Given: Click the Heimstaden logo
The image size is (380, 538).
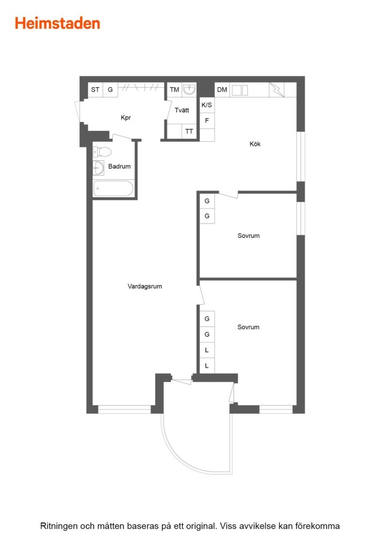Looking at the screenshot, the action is (x=57, y=23).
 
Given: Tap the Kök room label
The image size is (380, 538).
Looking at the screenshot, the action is (x=255, y=143).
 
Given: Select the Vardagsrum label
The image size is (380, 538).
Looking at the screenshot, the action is (x=145, y=286).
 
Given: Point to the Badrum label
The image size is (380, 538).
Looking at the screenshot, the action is (x=119, y=166).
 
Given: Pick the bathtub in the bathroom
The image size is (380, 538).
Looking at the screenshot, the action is (x=113, y=189).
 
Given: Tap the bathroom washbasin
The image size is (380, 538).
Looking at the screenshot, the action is (x=99, y=168).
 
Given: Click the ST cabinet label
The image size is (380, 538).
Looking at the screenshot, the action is (x=96, y=90).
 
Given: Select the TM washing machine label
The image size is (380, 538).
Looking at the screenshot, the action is (x=174, y=90).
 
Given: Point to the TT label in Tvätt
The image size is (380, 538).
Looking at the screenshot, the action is (x=189, y=132).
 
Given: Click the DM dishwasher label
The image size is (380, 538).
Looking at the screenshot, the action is (x=222, y=90).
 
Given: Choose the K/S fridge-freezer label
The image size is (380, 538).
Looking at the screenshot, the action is (x=207, y=105).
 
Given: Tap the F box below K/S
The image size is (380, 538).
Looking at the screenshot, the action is (x=207, y=120).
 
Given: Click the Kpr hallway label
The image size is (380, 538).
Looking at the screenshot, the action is (x=125, y=118).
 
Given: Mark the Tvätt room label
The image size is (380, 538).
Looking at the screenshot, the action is (x=182, y=110).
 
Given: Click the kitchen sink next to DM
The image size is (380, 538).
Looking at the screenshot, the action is (x=240, y=90).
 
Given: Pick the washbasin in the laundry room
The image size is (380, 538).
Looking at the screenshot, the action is (x=189, y=89).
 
